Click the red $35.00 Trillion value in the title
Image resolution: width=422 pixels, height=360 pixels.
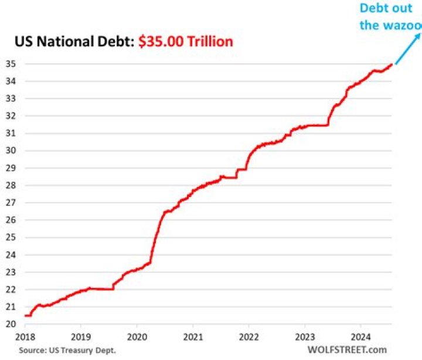[x=186, y=41]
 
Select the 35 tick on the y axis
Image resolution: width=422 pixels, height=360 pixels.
[x=11, y=64]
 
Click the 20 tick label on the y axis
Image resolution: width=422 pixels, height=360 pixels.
[x=11, y=324]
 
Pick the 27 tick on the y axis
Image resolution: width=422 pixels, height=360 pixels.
[x=11, y=203]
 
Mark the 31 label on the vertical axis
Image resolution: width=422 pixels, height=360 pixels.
[x=11, y=133]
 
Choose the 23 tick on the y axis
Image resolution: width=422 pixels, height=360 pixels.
[x=11, y=272]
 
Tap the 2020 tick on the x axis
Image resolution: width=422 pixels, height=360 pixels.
[x=137, y=338]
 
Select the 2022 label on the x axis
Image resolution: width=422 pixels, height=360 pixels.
[x=249, y=338]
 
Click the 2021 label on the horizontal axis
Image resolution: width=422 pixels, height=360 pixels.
[x=193, y=338]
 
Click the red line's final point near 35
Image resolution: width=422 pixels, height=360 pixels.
[x=392, y=64]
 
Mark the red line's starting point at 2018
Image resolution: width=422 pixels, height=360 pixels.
[x=25, y=315]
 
